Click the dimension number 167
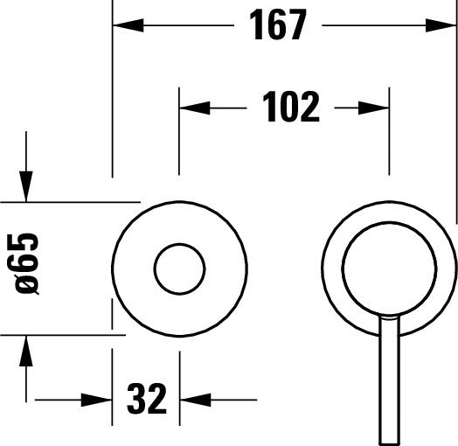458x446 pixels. coord(278,25)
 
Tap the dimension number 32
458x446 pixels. coord(146,400)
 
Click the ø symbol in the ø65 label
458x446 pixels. coord(27,284)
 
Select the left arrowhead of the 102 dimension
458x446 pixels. coord(191,108)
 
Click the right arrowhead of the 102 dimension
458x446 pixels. coord(377,108)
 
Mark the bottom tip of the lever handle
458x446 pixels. coord(388,442)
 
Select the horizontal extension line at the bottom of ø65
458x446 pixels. coord(61,334)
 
